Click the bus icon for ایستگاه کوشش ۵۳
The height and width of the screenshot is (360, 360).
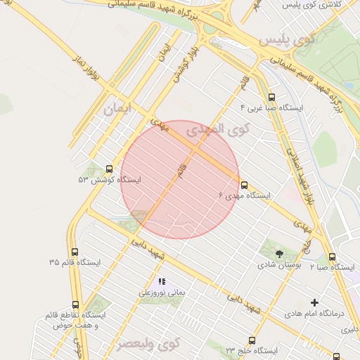[x=109, y=169]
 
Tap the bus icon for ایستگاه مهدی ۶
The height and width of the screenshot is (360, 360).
[x=244, y=185]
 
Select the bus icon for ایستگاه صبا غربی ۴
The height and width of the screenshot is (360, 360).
[x=271, y=98]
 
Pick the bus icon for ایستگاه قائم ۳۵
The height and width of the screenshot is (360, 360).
[x=75, y=252]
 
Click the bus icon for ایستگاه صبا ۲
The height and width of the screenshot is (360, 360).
[x=333, y=257]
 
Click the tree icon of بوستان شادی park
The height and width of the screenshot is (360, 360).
[x=280, y=254]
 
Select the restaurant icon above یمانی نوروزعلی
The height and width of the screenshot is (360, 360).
[x=162, y=281]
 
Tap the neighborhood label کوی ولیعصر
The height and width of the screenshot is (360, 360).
[x=149, y=344]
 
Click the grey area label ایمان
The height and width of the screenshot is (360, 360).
[x=117, y=110]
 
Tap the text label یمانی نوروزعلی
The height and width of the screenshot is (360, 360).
[x=160, y=292]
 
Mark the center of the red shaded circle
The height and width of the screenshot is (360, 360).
[x=180, y=180]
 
